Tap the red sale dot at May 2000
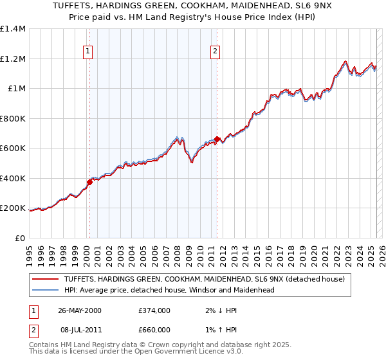pyautogui.click(x=89, y=182)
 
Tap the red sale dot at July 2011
pyautogui.click(x=217, y=139)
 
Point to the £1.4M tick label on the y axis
pyautogui.click(x=13, y=29)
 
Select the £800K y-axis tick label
pyautogui.click(x=13, y=118)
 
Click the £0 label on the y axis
pyautogui.click(x=21, y=238)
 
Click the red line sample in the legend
pyautogui.click(x=45, y=279)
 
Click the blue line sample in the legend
pyautogui.click(x=45, y=290)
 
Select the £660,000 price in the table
pyautogui.click(x=154, y=329)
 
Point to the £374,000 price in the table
pyautogui.click(x=154, y=310)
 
